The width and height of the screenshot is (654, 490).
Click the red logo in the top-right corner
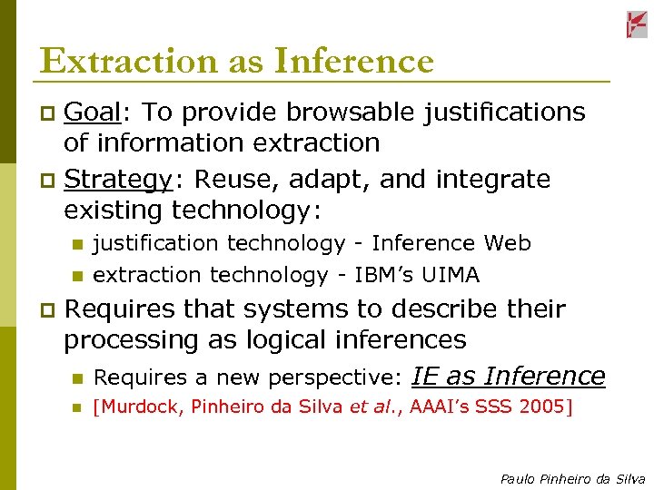click(637, 24)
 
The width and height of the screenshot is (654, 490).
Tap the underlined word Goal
click(94, 112)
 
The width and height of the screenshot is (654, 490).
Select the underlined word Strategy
click(118, 180)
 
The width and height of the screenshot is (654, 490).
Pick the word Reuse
click(233, 180)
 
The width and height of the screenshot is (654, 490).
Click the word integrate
click(494, 180)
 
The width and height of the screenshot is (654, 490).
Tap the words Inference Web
click(451, 243)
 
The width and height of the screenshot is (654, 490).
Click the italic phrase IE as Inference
click(509, 376)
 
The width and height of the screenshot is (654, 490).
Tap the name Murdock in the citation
click(140, 407)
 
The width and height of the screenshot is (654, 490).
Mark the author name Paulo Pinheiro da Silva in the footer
click(572, 479)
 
